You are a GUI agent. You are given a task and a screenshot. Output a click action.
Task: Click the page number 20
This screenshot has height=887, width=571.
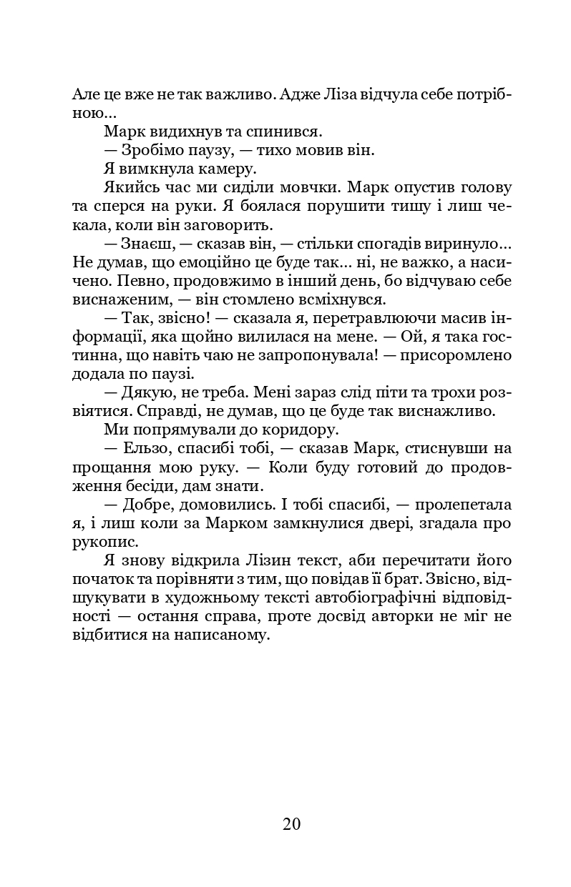click(291, 823)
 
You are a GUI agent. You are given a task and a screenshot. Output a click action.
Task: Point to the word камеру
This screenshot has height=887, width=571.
click(220, 169)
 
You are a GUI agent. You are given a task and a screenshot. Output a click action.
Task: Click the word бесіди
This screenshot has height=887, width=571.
click(149, 485)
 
